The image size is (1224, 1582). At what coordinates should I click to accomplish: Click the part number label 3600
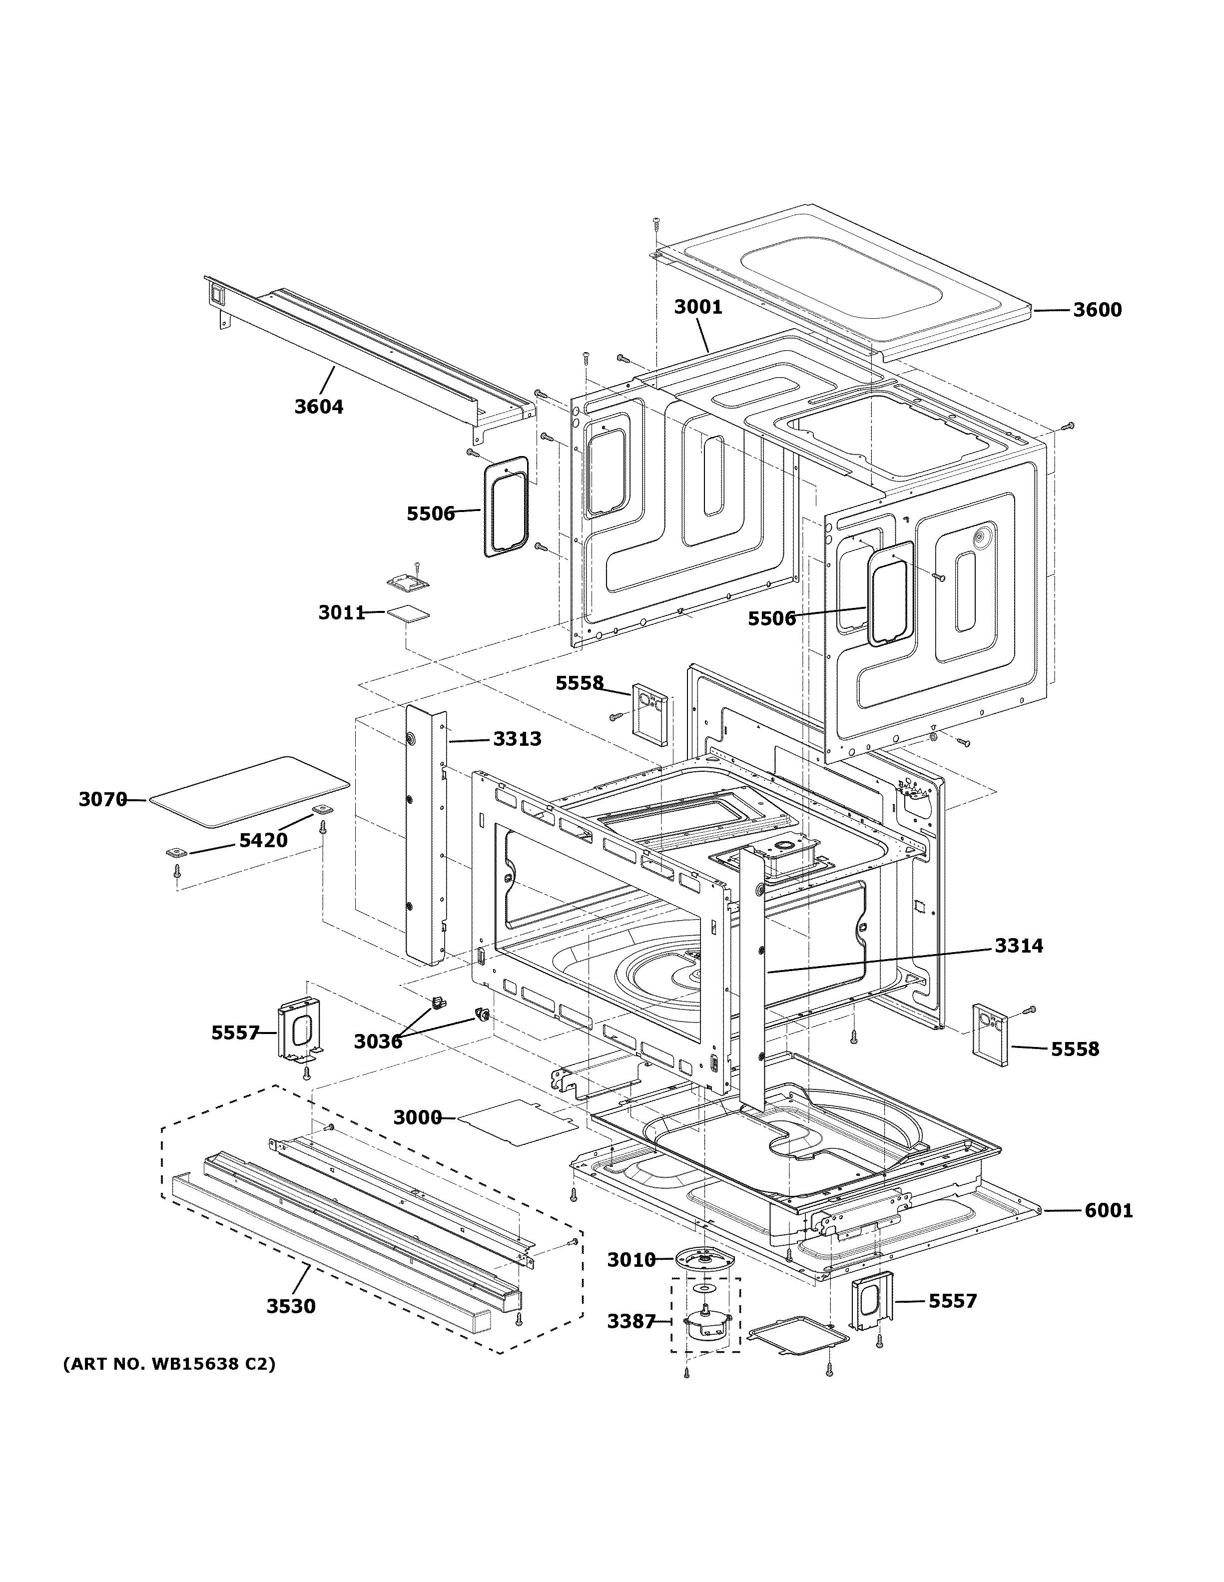[x=1097, y=310]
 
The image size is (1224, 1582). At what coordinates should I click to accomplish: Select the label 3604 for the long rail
[x=319, y=407]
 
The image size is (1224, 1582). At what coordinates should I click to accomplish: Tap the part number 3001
[x=698, y=307]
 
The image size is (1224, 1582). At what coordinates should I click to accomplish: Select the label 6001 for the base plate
[x=1108, y=1210]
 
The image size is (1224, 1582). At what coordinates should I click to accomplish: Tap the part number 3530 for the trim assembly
[x=291, y=1306]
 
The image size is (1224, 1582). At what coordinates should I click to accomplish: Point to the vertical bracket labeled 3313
[x=426, y=833]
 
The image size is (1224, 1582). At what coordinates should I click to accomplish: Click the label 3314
[x=1018, y=945]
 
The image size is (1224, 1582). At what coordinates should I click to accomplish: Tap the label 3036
[x=378, y=1042]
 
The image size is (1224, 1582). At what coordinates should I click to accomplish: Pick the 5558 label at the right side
[x=1075, y=1049]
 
